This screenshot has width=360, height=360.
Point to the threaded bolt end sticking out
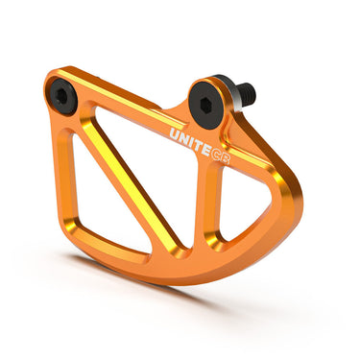click(x=247, y=94)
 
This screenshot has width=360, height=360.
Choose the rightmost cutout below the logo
click(x=235, y=206)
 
